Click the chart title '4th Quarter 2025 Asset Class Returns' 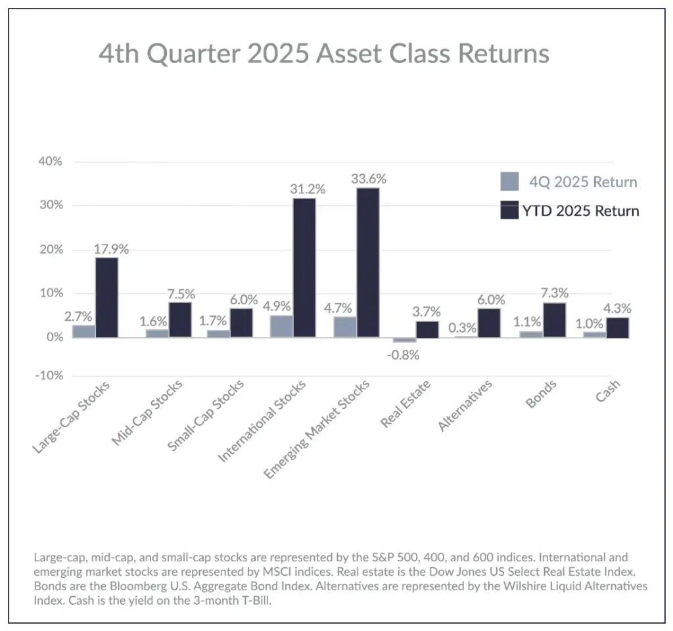(324, 53)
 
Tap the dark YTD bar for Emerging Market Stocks (367, 263)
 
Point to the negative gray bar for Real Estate (405, 340)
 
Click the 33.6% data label (368, 179)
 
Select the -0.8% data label (404, 355)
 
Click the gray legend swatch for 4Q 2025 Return (510, 181)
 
